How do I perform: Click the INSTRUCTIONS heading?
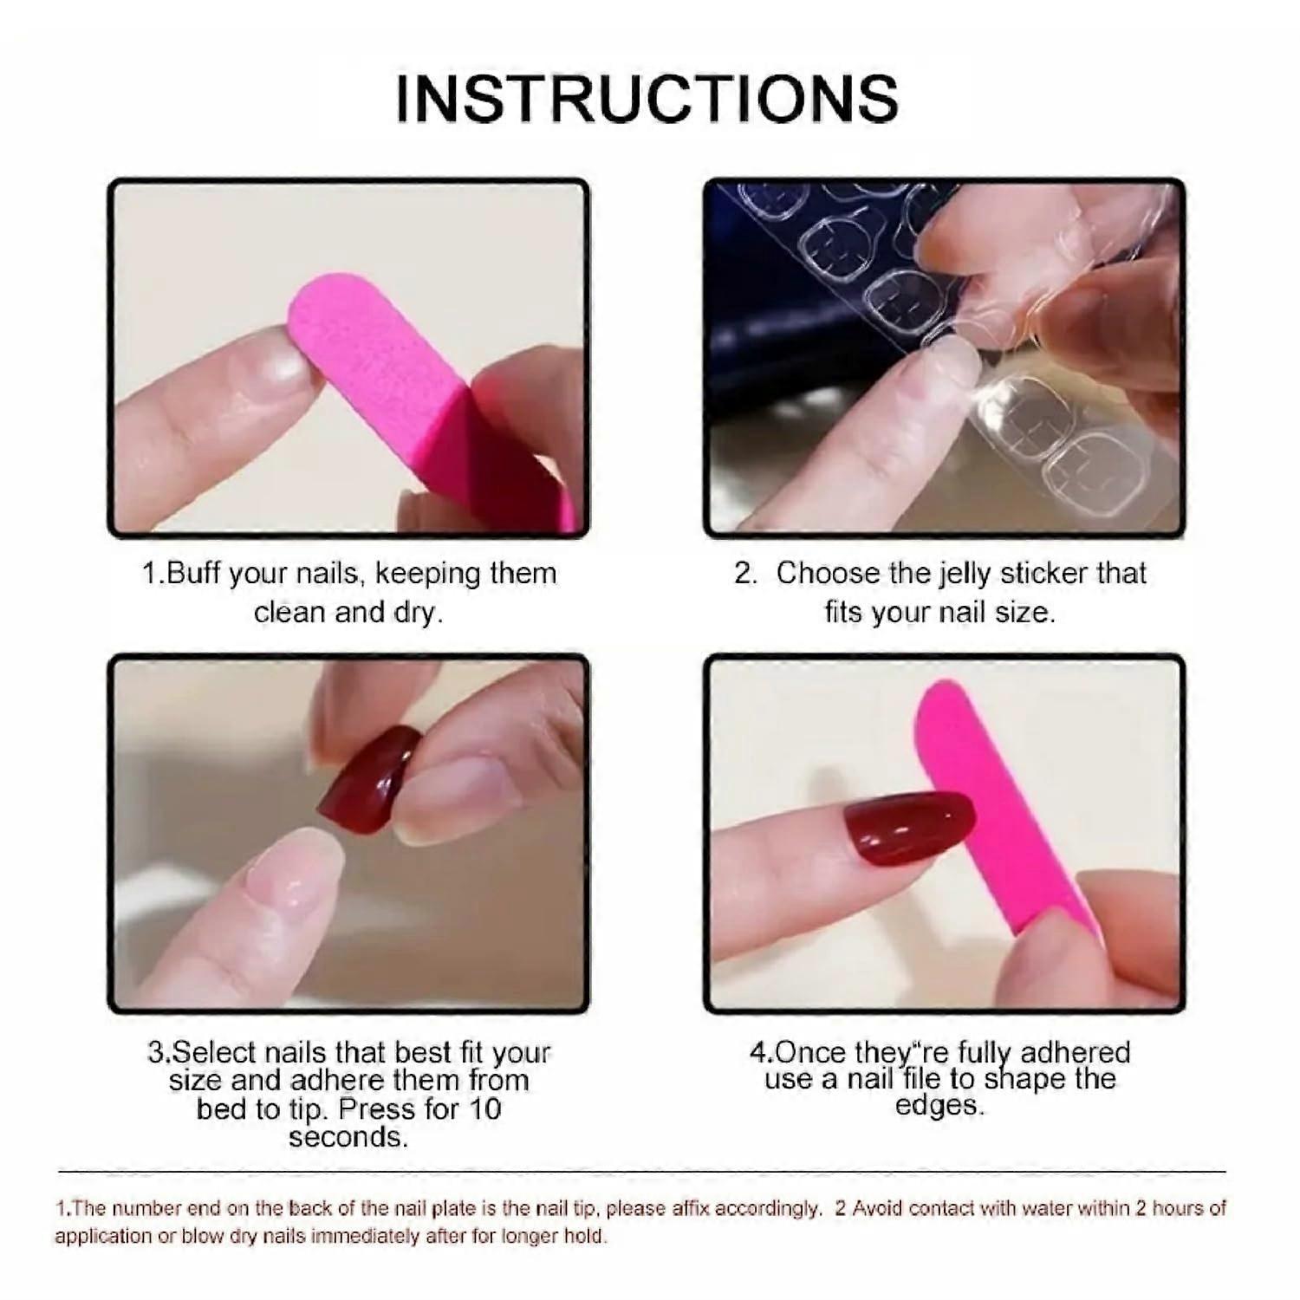[x=647, y=98]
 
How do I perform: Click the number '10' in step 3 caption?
[x=484, y=1109]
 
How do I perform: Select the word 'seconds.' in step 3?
[x=348, y=1137]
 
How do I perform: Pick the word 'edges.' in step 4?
[x=939, y=1106]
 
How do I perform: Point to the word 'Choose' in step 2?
[x=827, y=574]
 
